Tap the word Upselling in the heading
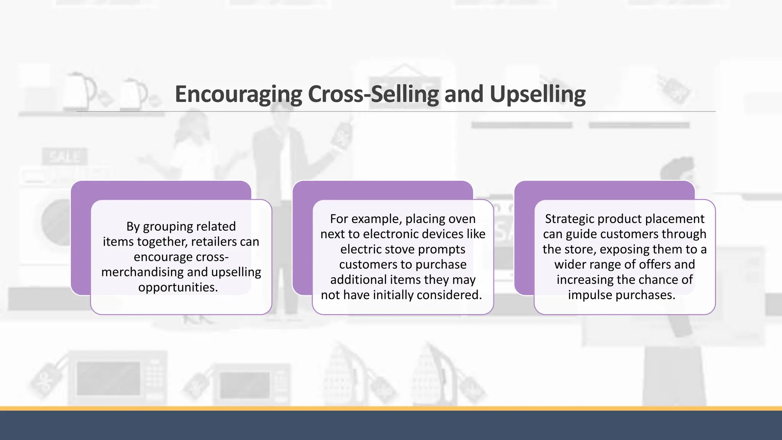(x=537, y=94)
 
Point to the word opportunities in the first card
(x=178, y=287)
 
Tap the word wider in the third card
(x=571, y=264)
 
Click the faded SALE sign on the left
(x=65, y=157)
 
